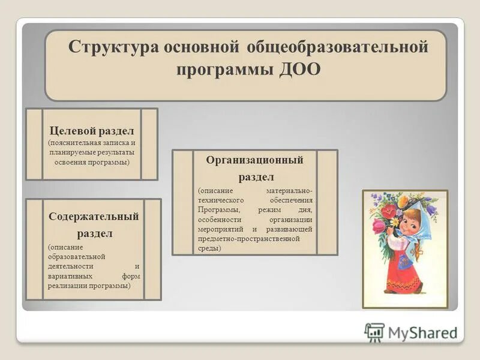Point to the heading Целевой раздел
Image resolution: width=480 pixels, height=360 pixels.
pyautogui.click(x=92, y=131)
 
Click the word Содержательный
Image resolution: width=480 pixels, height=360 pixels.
pyautogui.click(x=94, y=216)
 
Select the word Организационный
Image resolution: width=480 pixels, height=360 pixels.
pyautogui.click(x=255, y=160)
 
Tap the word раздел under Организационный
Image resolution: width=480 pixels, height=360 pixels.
pyautogui.click(x=256, y=177)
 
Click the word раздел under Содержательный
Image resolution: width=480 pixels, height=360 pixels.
pyautogui.click(x=94, y=232)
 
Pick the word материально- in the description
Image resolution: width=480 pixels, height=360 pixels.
pyautogui.click(x=287, y=190)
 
